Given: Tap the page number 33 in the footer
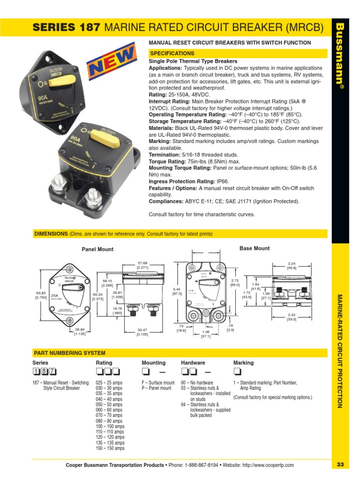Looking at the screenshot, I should [340, 465].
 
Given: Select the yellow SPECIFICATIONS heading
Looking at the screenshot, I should [172, 53].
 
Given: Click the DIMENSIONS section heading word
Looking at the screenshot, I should [51, 234].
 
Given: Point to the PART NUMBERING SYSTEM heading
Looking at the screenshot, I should [69, 353].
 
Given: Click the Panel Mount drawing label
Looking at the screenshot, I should [97, 249].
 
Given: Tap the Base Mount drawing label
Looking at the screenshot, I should [255, 248].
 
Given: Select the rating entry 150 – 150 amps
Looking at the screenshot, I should [110, 449].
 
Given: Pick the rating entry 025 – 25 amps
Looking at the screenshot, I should [109, 383].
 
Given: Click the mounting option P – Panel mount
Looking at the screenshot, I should [157, 389].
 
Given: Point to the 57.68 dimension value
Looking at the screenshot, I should [142, 263].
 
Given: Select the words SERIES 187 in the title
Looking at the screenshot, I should [67, 28].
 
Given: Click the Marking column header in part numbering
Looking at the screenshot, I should [243, 363].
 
